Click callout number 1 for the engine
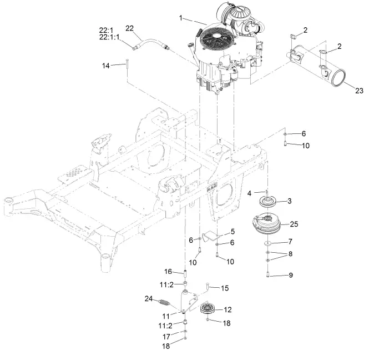(x=180, y=18)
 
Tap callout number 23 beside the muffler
(x=359, y=91)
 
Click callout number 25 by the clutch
(x=294, y=224)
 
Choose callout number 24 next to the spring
(x=149, y=298)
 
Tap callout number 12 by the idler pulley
(x=228, y=309)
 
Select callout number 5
(x=233, y=231)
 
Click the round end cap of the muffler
(x=343, y=76)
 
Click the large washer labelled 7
(x=268, y=243)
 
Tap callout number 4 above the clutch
(x=250, y=193)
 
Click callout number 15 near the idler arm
(x=225, y=288)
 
